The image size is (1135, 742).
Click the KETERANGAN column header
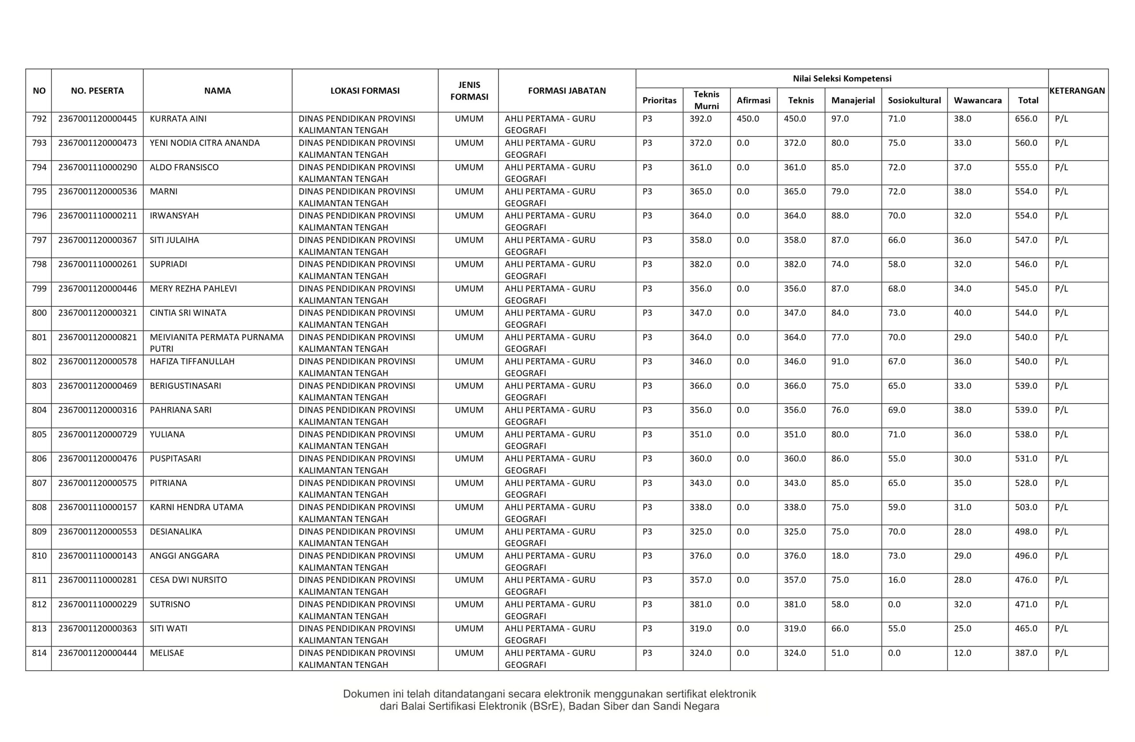(x=1077, y=90)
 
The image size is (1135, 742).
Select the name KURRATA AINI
(x=178, y=119)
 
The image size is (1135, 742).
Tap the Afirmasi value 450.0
(x=748, y=119)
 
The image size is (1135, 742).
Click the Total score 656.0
(x=1026, y=119)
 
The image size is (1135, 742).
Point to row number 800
(x=39, y=313)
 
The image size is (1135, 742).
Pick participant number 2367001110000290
(x=97, y=168)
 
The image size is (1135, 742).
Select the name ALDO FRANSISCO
(x=184, y=168)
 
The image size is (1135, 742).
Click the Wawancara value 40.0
(x=963, y=313)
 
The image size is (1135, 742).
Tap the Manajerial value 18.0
(x=840, y=555)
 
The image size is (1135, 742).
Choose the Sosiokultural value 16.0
(x=896, y=580)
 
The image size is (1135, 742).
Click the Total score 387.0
(x=1026, y=653)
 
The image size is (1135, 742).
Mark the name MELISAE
(x=166, y=653)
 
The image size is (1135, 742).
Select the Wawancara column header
(x=977, y=101)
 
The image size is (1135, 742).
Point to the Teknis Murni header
(x=706, y=100)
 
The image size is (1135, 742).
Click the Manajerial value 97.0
(x=840, y=119)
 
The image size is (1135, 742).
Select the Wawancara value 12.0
(x=963, y=653)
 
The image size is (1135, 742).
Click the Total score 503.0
(x=1026, y=507)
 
